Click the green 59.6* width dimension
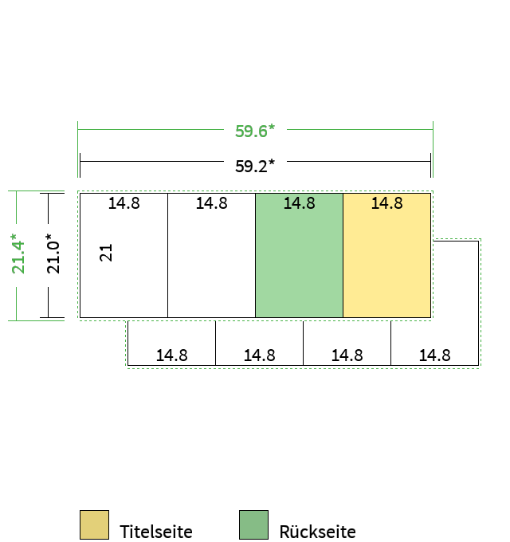pyautogui.click(x=255, y=131)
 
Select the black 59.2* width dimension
pyautogui.click(x=255, y=166)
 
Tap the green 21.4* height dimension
pyautogui.click(x=18, y=253)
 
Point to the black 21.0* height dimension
pyautogui.click(x=53, y=253)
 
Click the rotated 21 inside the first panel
pyautogui.click(x=106, y=253)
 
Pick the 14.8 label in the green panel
pyautogui.click(x=300, y=203)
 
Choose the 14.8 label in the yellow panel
pyautogui.click(x=387, y=203)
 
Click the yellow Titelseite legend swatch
pyautogui.click(x=94, y=524)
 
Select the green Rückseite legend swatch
pyautogui.click(x=253, y=524)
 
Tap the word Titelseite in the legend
pyautogui.click(x=156, y=532)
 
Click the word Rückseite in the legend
pyautogui.click(x=317, y=532)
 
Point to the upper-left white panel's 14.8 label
pyautogui.click(x=124, y=203)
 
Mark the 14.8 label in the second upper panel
pyautogui.click(x=212, y=203)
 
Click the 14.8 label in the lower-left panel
pyautogui.click(x=172, y=355)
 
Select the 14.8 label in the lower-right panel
pyautogui.click(x=434, y=355)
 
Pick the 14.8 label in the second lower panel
pyautogui.click(x=260, y=355)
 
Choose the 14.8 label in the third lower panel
pyautogui.click(x=347, y=355)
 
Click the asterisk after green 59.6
pyautogui.click(x=272, y=127)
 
